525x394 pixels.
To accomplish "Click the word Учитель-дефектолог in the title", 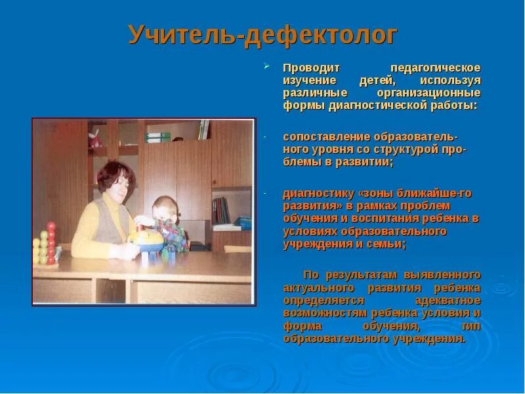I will coord(262,35).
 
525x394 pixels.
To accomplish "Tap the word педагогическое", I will coord(436,68).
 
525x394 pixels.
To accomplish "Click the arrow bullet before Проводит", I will coord(267,66).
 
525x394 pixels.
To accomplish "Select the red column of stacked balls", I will coord(51,244).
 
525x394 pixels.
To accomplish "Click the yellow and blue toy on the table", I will coord(145,239).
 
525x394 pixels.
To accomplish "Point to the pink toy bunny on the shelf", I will coord(96,137).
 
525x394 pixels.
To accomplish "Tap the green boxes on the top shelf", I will coord(158,137).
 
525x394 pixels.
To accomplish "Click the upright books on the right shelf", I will coord(222,209).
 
